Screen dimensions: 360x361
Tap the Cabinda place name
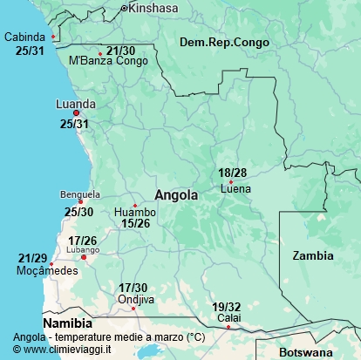[x=26, y=37]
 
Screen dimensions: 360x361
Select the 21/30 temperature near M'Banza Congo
[x=120, y=51]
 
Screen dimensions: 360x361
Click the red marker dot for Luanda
[x=77, y=113]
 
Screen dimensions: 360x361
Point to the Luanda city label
[x=75, y=103]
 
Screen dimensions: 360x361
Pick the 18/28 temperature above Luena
[x=233, y=173]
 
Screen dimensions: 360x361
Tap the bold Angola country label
[x=176, y=195]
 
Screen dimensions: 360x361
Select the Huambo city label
[x=135, y=212]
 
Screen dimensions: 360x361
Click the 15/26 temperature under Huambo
[x=135, y=223]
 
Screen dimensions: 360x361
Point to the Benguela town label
[x=80, y=194]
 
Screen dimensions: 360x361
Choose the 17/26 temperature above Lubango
[x=82, y=241]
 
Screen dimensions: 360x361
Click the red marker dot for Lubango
[x=84, y=257]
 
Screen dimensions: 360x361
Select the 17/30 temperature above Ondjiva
[x=133, y=288]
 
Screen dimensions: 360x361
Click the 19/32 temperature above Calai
[x=227, y=307]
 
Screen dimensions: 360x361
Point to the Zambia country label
[x=312, y=255]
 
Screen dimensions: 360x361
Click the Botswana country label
[x=306, y=352]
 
